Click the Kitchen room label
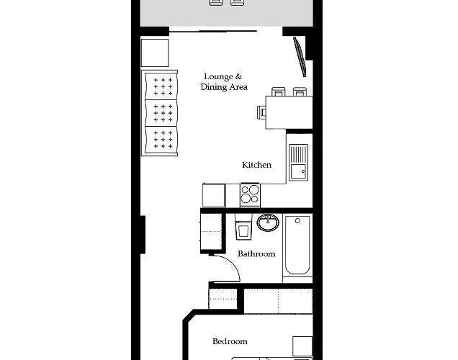pyautogui.click(x=256, y=165)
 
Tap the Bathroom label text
pyautogui.click(x=256, y=253)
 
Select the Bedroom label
pyautogui.click(x=230, y=341)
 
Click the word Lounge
pyautogui.click(x=218, y=76)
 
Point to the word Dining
pyautogui.click(x=214, y=87)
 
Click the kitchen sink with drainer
pyautogui.click(x=299, y=162)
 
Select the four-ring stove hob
pyautogui.click(x=250, y=195)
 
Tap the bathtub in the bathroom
pyautogui.click(x=297, y=245)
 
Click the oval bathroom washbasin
pyautogui.click(x=268, y=222)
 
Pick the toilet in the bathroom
pyautogui.click(x=243, y=227)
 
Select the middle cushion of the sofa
pyautogui.click(x=161, y=113)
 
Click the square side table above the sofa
pyautogui.click(x=155, y=53)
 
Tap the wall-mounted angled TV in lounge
pyautogui.click(x=300, y=57)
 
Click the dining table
pyautogui.click(x=289, y=112)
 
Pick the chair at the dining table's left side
pyautogui.click(x=261, y=113)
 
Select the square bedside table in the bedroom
pyautogui.click(x=302, y=346)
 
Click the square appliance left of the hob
pyautogui.click(x=214, y=195)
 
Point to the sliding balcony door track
pyautogui.click(x=213, y=31)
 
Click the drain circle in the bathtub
pyautogui.click(x=297, y=221)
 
